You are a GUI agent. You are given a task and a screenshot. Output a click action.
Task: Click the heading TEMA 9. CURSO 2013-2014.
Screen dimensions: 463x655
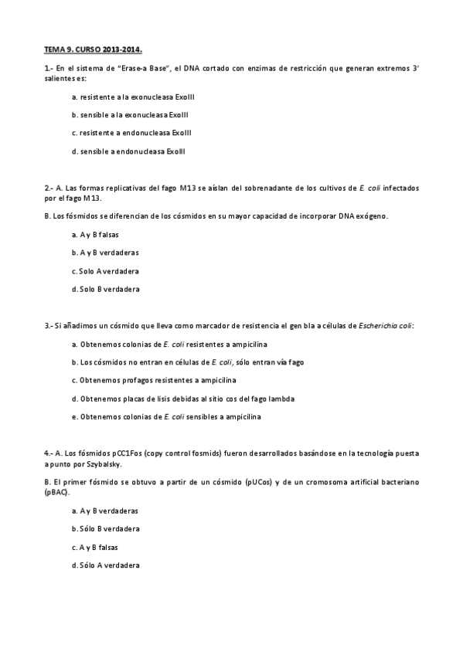[93, 49]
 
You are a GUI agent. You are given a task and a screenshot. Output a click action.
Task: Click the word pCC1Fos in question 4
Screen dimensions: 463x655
[125, 453]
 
